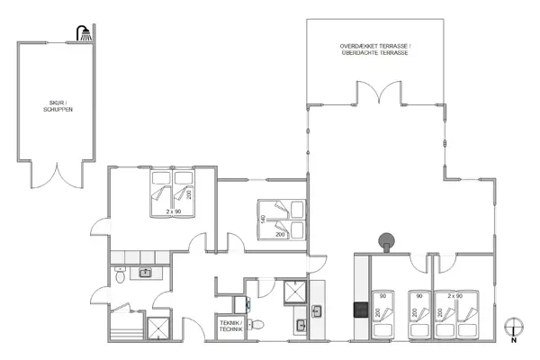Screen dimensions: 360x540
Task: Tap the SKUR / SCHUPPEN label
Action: coord(56,105)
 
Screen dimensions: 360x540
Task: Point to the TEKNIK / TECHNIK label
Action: coord(229,325)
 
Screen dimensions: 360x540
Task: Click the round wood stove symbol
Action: coord(386,240)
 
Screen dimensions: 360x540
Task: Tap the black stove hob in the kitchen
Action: coord(360,310)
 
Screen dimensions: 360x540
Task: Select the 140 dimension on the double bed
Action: coord(263,219)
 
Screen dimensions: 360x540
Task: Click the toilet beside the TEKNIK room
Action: coord(256,325)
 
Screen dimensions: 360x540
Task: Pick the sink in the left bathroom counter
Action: coord(144,272)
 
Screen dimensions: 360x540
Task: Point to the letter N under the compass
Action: coord(514,341)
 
